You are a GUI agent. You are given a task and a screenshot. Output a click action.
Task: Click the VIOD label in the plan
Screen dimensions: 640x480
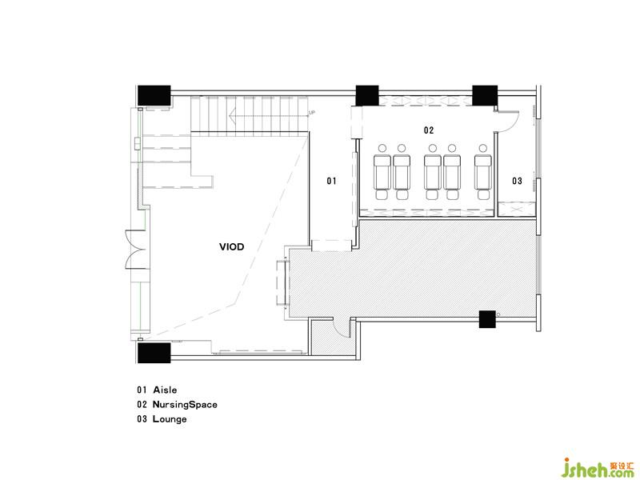(x=231, y=246)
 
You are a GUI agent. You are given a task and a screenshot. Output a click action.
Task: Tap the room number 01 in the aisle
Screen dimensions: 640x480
(x=331, y=181)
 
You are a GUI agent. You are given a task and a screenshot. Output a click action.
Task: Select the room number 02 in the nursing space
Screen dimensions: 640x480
(x=429, y=130)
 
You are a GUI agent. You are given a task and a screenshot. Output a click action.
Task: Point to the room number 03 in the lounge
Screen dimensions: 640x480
(x=517, y=181)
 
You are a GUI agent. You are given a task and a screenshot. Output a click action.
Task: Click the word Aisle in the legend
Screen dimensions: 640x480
(x=165, y=390)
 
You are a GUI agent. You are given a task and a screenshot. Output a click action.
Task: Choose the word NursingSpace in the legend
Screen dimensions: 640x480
(x=185, y=405)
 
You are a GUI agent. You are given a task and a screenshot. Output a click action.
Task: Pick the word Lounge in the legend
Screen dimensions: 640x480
(x=170, y=419)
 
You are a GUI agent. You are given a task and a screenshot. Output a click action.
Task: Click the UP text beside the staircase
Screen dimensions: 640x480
(x=312, y=112)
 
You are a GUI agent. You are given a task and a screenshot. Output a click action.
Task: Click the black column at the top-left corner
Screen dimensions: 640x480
(x=154, y=95)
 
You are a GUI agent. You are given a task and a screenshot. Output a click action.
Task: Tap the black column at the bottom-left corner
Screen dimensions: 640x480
(x=154, y=353)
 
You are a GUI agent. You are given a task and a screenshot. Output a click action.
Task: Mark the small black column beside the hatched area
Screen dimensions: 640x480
(x=487, y=319)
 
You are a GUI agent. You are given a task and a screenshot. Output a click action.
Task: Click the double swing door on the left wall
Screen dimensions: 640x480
(x=134, y=250)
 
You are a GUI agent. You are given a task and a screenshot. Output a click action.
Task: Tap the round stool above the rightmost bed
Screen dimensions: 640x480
(x=483, y=148)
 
